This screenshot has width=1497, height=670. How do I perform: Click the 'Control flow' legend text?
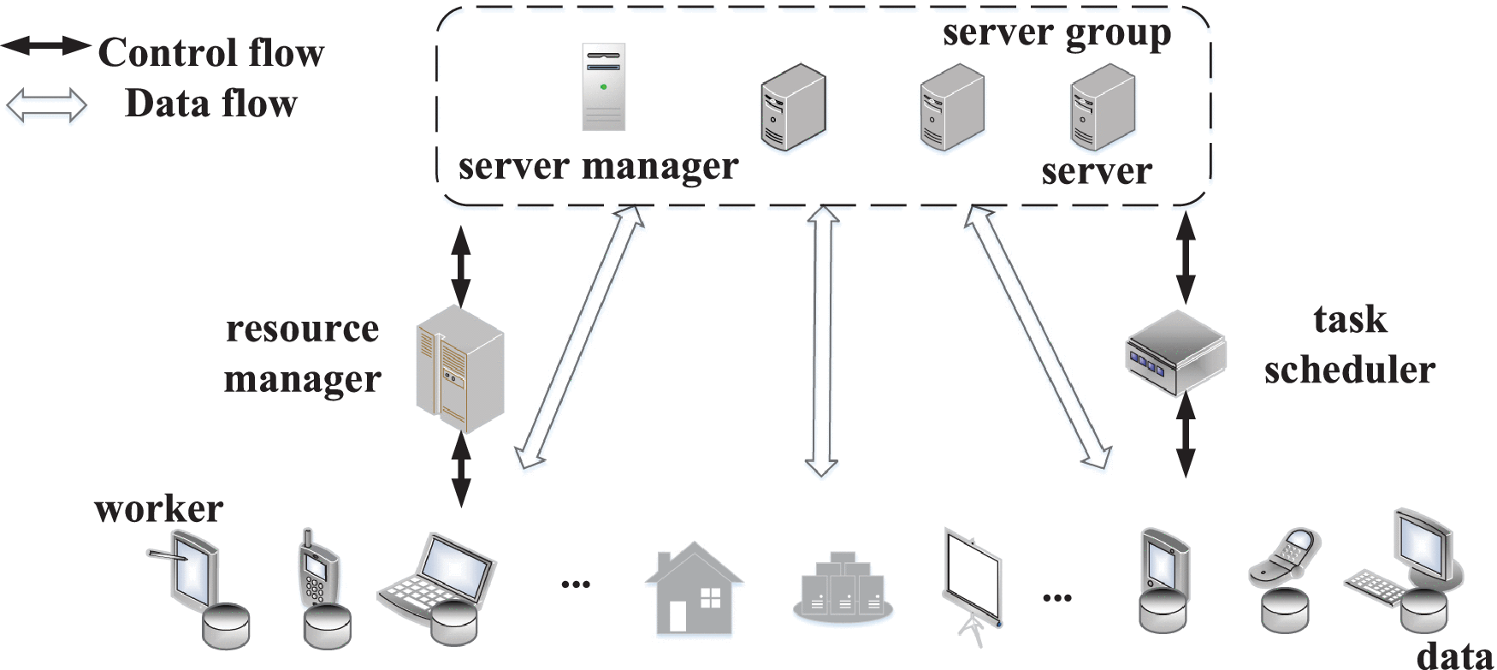[210, 53]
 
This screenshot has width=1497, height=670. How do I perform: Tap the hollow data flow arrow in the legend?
[46, 105]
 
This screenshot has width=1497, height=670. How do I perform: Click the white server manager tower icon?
[603, 87]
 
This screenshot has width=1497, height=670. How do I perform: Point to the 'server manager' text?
[598, 166]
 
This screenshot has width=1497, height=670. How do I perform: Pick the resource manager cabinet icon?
[459, 370]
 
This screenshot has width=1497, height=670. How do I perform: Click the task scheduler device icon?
[1175, 352]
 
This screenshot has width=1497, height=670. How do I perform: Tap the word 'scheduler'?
[1349, 371]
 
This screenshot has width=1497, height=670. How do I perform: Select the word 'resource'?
[302, 329]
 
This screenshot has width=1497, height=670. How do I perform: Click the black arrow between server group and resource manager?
[461, 266]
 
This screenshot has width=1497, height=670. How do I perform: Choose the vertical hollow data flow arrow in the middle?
[822, 341]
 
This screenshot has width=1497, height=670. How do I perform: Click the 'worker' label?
[158, 509]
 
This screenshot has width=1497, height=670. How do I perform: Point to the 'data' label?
[1455, 655]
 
